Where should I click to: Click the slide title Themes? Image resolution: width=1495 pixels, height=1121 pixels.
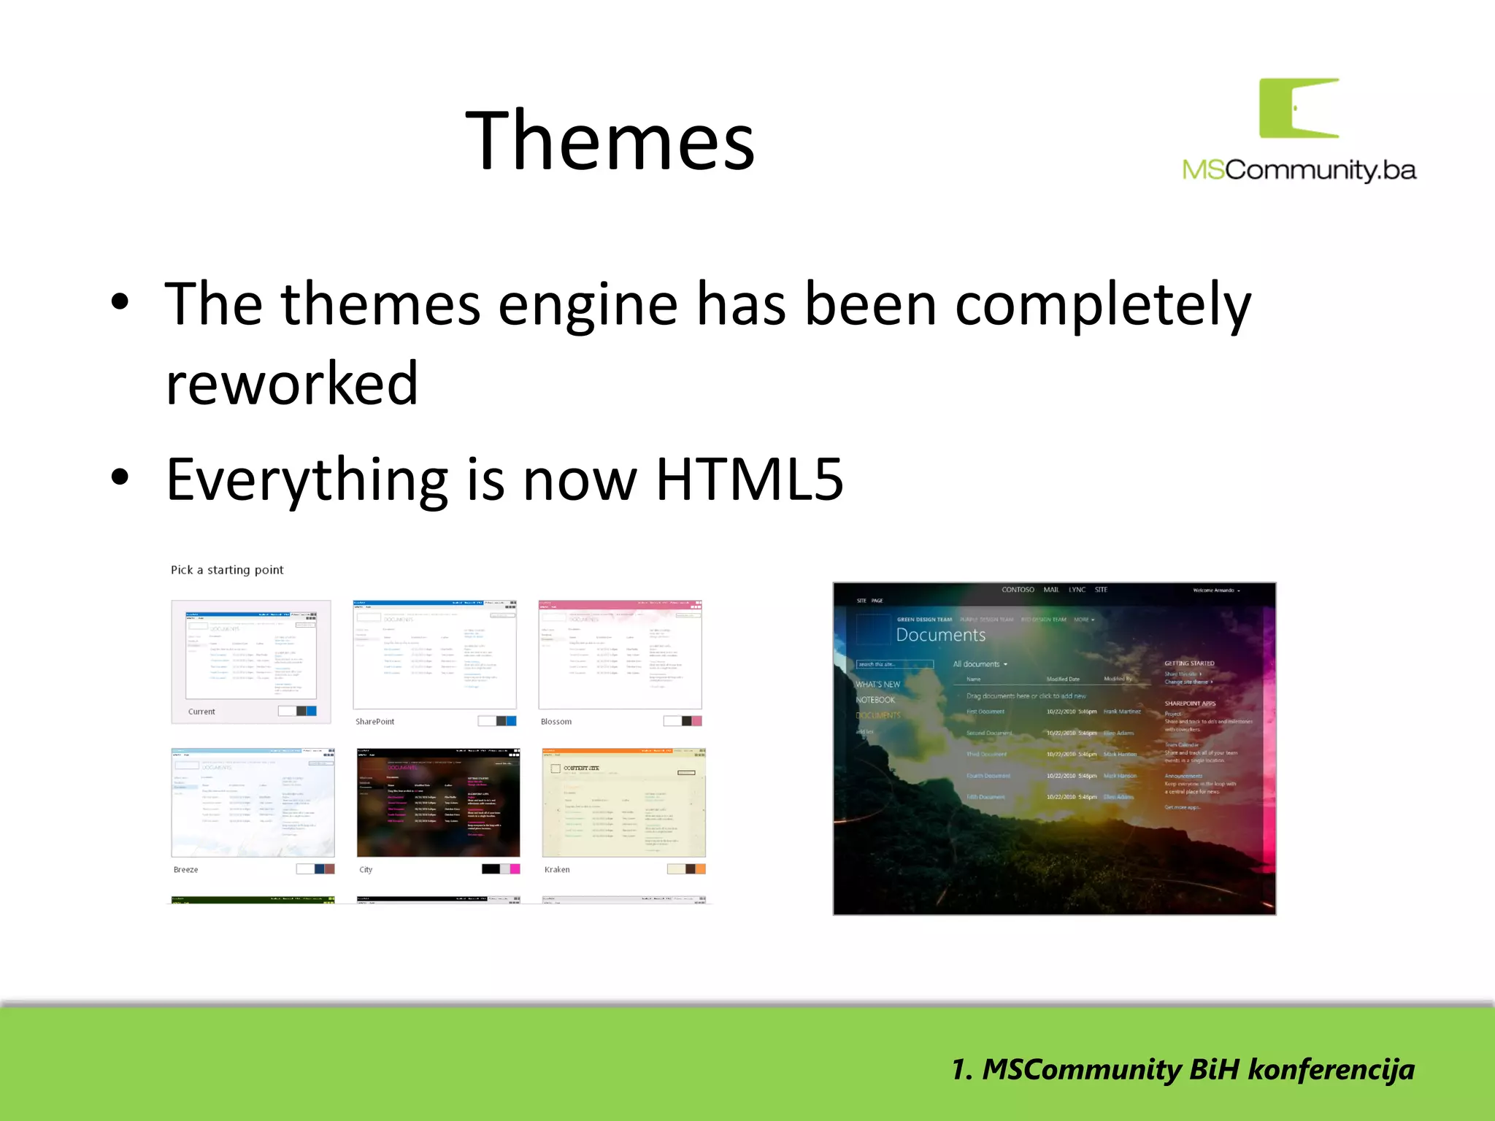(x=610, y=140)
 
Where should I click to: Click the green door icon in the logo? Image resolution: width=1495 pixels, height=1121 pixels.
(x=1299, y=108)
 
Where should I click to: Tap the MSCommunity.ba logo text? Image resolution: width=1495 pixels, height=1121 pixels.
(x=1299, y=170)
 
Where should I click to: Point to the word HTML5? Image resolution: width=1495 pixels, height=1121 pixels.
(x=750, y=479)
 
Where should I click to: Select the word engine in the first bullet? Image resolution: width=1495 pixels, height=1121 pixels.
(x=588, y=305)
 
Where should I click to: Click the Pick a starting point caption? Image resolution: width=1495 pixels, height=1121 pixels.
(x=227, y=570)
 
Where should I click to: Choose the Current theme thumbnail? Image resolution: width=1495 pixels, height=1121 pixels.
(x=251, y=660)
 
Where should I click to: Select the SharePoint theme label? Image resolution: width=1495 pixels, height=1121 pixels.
(x=374, y=722)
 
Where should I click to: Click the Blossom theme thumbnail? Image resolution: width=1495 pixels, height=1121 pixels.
(x=620, y=655)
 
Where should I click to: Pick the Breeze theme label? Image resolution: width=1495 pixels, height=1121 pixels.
(x=185, y=870)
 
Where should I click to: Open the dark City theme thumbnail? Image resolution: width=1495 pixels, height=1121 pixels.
(x=438, y=802)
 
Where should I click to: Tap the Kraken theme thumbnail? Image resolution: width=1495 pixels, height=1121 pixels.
(x=623, y=802)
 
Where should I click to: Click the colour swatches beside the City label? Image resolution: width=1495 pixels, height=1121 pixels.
(x=501, y=869)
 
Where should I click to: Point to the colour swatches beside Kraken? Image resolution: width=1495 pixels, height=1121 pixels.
(x=686, y=869)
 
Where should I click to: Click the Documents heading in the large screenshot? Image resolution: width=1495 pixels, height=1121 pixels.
(x=940, y=635)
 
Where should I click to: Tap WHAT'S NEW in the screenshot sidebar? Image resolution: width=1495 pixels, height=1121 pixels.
(x=877, y=685)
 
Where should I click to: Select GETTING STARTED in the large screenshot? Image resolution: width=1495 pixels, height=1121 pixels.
(x=1189, y=663)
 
